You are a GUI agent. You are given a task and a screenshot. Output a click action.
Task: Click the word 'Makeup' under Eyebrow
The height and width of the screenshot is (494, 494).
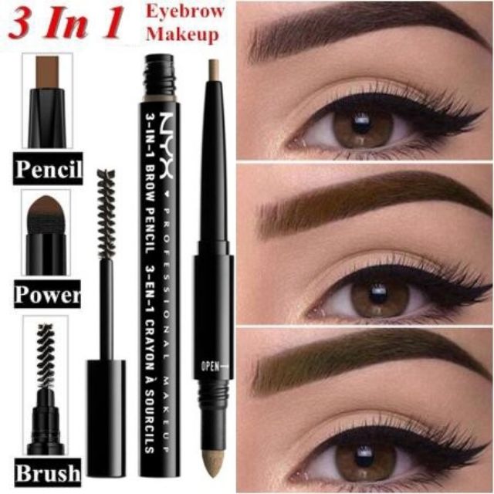(x=186, y=35)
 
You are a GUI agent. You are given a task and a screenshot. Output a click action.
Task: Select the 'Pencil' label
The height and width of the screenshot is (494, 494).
(x=48, y=168)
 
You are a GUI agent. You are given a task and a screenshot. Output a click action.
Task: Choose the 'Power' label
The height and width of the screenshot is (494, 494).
(x=48, y=294)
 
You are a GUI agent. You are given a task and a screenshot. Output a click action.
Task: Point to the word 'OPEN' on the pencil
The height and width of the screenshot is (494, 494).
(x=209, y=366)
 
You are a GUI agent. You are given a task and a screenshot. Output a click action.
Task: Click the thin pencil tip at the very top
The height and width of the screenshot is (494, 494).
(x=214, y=71)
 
